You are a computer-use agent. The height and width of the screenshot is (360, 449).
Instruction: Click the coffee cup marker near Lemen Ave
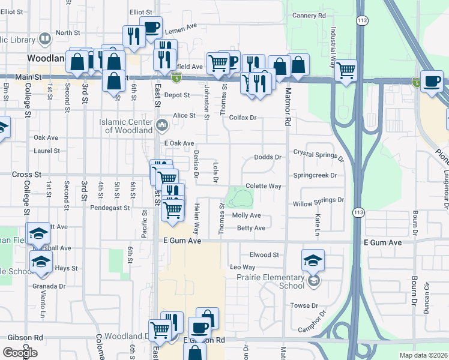tap(151, 28)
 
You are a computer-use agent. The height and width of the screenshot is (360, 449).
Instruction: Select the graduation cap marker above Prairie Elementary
tap(313, 260)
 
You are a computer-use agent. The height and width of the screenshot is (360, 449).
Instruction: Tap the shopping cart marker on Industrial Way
tap(346, 70)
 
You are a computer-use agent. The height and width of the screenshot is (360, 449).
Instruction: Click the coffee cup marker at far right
tap(432, 82)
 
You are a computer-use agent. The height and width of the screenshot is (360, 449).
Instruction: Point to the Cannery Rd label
tap(309, 15)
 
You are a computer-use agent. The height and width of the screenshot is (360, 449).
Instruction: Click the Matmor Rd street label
tap(288, 107)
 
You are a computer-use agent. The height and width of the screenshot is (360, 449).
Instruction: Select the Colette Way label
tap(263, 186)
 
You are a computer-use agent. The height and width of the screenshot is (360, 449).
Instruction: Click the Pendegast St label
tap(110, 208)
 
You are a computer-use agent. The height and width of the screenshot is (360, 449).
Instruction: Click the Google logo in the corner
tap(20, 353)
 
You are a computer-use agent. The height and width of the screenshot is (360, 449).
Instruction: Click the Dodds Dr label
tap(268, 157)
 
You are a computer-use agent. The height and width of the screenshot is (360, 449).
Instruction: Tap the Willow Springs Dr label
tap(318, 203)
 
